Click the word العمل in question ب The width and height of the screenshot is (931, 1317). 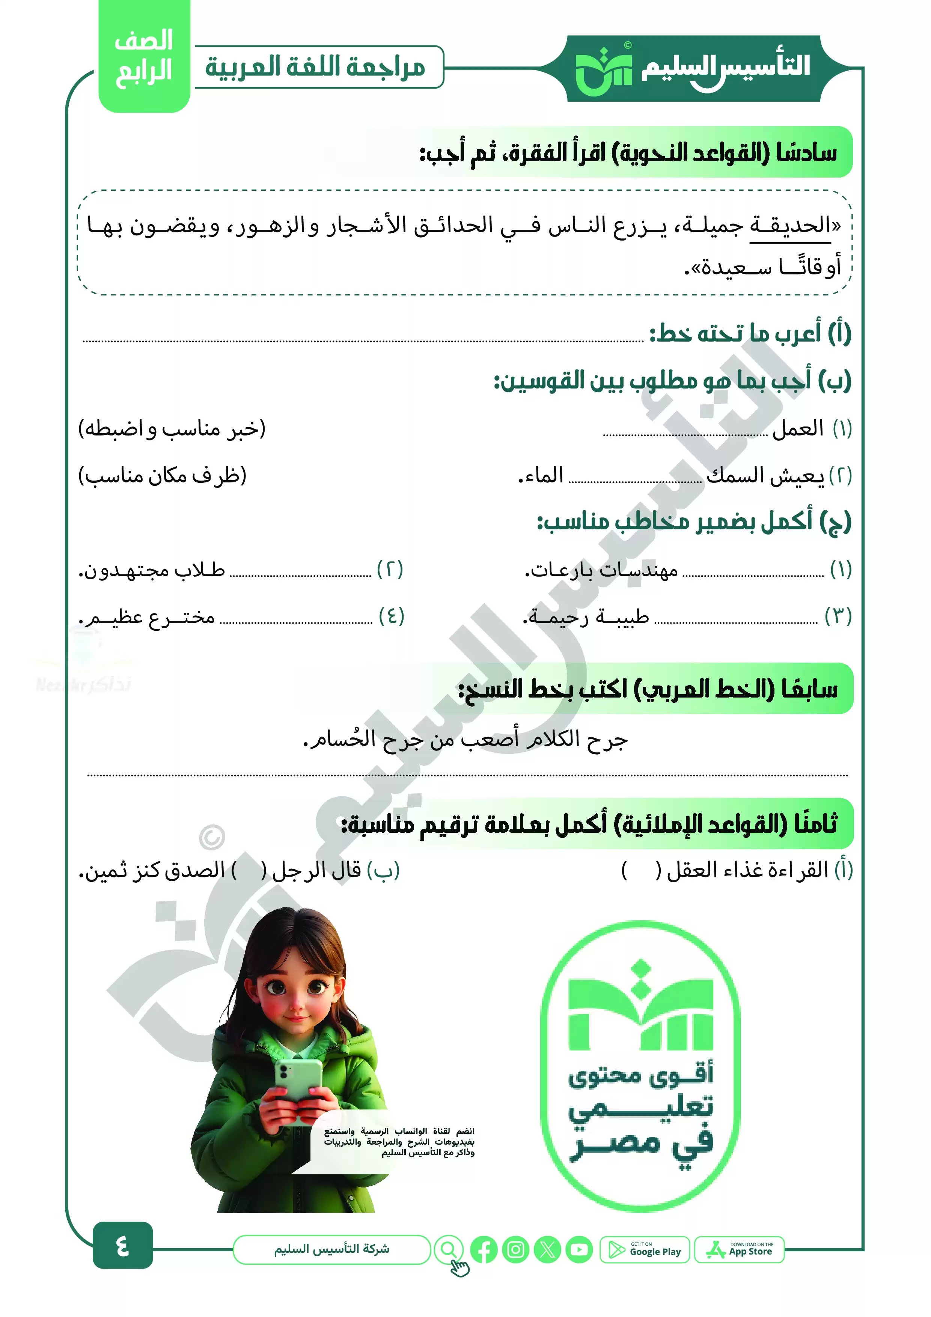click(797, 428)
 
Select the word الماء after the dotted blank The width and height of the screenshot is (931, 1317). click(541, 476)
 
